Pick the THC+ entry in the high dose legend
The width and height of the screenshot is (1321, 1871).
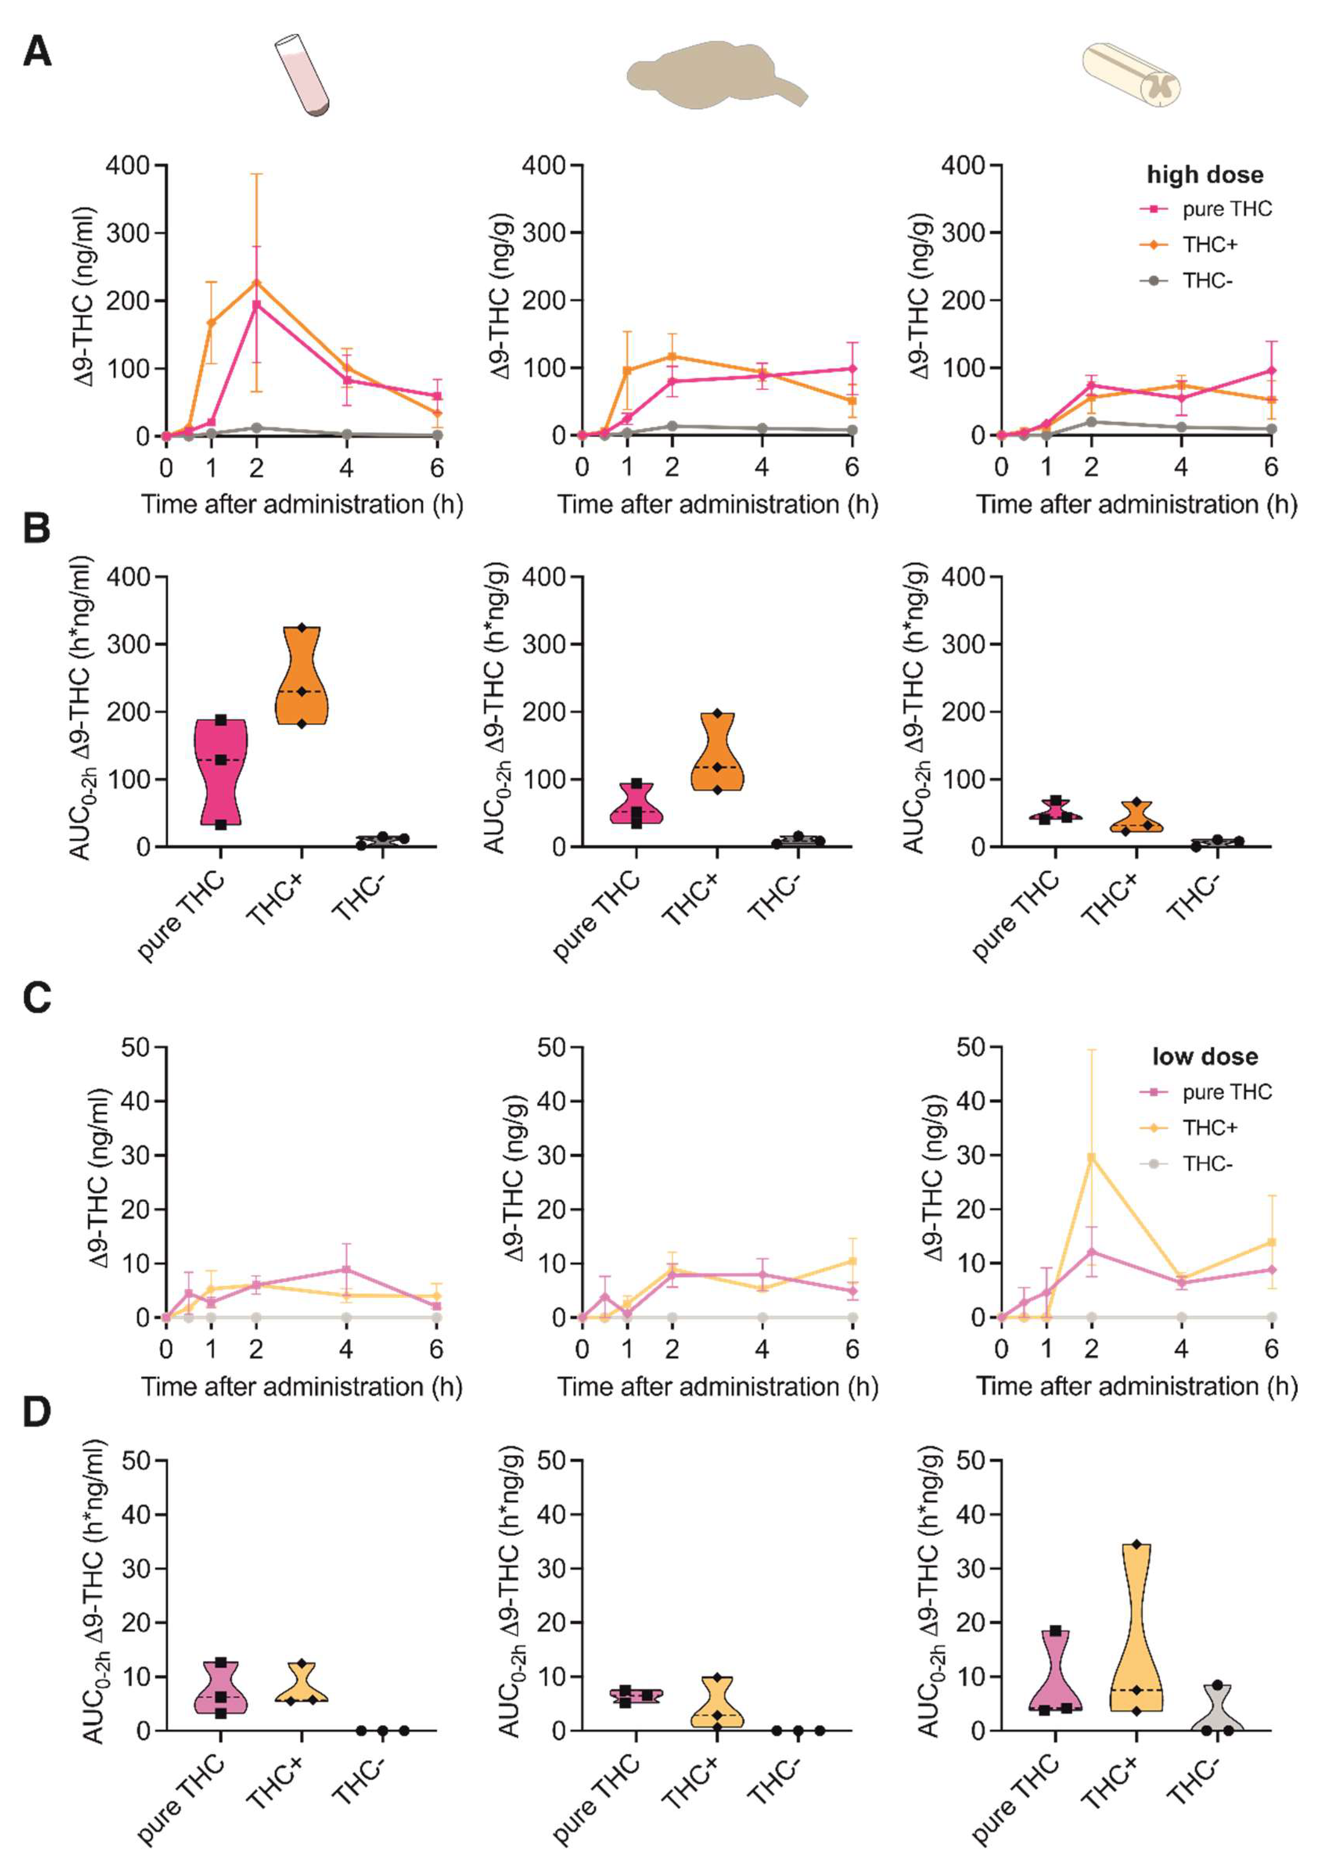pos(1210,244)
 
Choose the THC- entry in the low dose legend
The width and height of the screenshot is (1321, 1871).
pos(1207,1164)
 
